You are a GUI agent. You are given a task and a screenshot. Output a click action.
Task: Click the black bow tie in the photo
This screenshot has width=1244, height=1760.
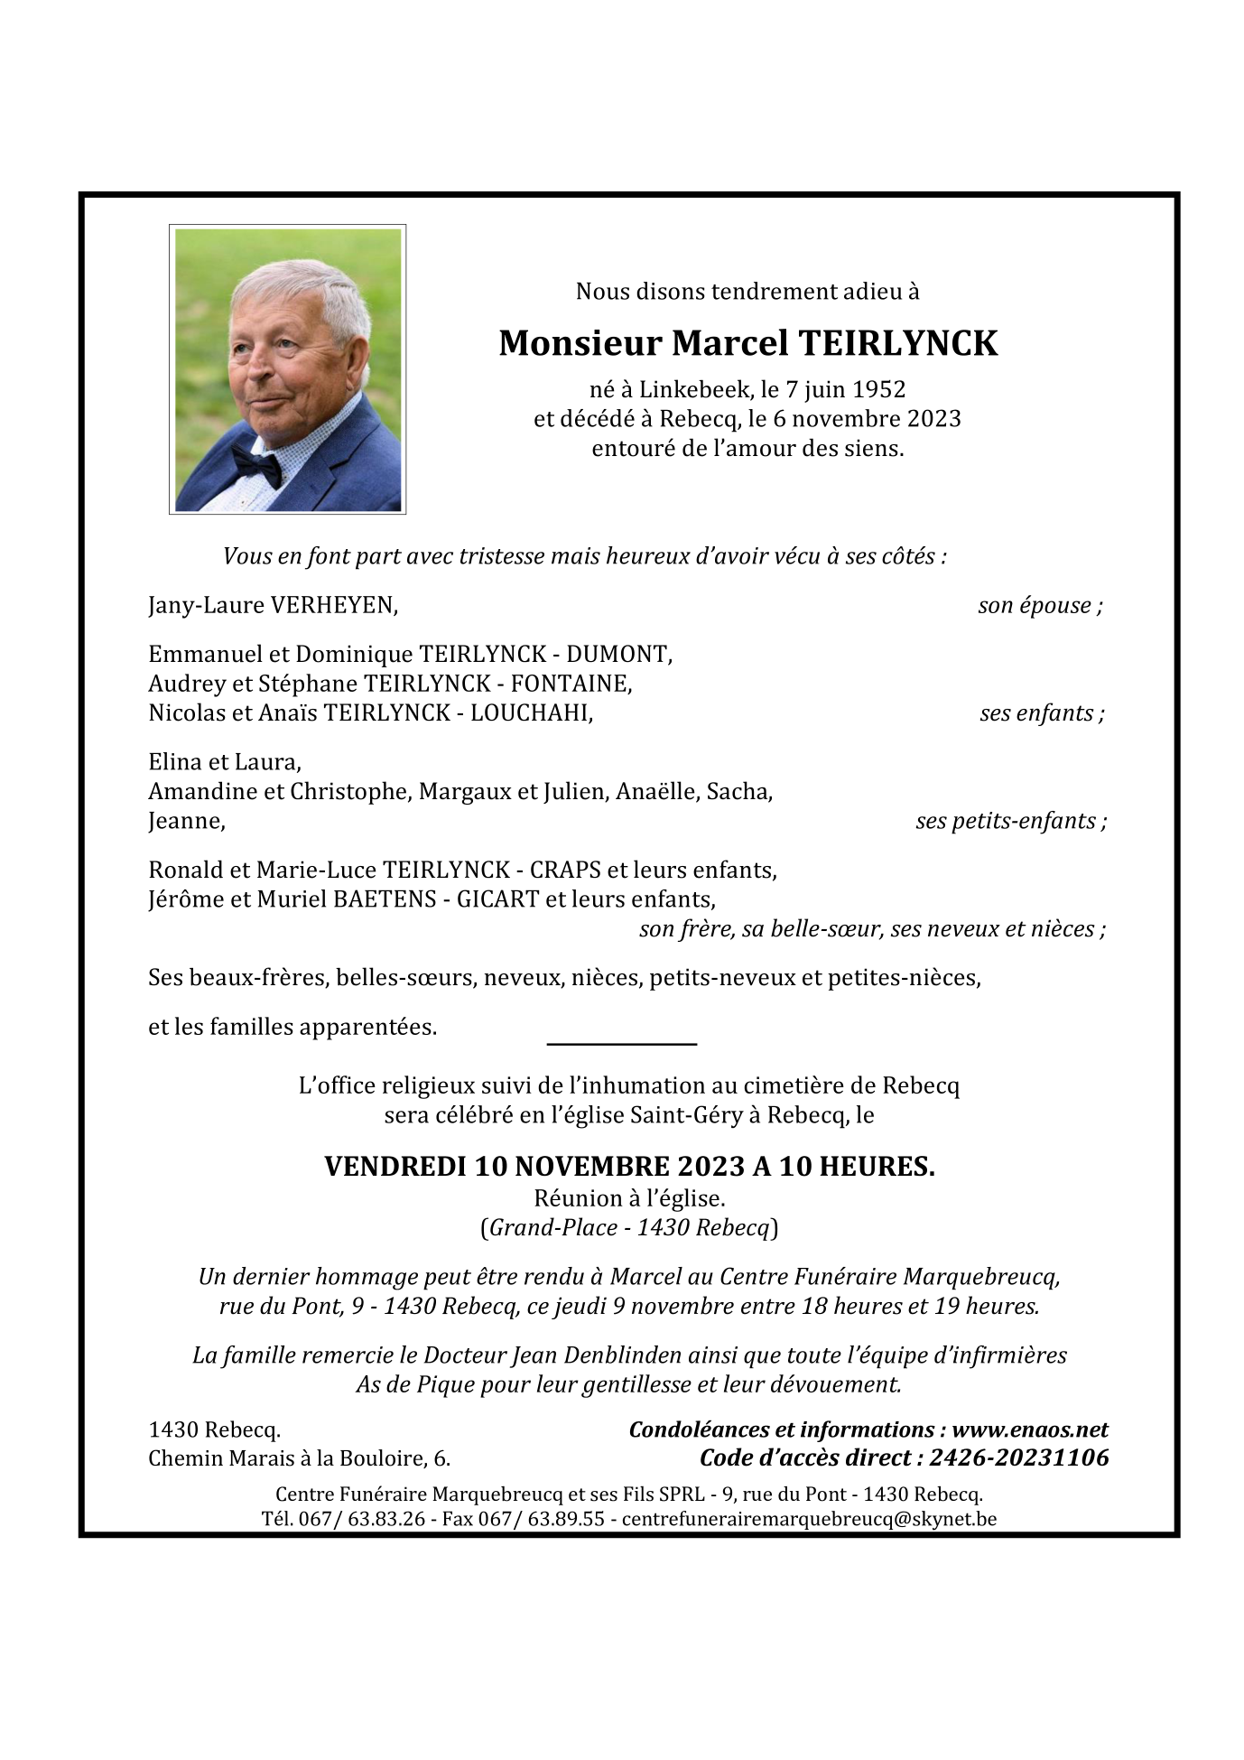[257, 465]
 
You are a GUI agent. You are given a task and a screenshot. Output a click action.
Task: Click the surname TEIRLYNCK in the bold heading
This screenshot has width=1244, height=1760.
[898, 344]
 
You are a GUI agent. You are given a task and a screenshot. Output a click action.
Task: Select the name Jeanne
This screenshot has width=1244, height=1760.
[185, 822]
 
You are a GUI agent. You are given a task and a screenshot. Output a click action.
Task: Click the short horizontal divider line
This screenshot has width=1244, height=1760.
[622, 1045]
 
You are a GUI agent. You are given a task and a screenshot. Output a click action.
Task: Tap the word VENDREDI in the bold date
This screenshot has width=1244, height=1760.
[395, 1168]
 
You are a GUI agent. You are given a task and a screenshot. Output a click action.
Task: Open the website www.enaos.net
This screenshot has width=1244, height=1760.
[1030, 1429]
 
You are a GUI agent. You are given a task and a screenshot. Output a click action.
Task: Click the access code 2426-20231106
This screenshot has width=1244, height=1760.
[1018, 1458]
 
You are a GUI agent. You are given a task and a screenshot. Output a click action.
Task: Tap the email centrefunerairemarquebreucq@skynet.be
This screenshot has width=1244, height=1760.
[809, 1519]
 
